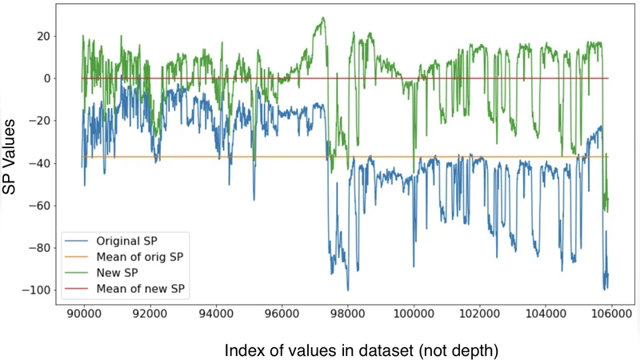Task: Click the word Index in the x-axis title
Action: click(245, 350)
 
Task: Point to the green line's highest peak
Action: click(323, 18)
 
